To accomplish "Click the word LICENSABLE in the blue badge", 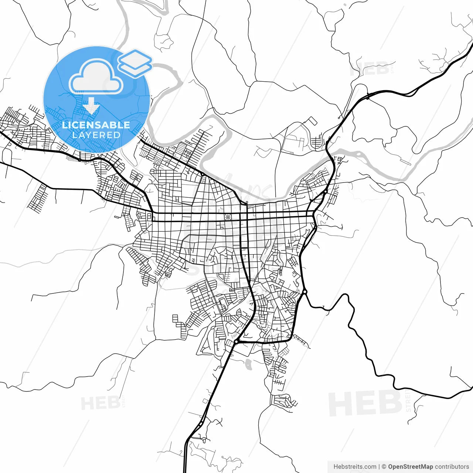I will pos(96,125).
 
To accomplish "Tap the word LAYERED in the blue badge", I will pos(96,135).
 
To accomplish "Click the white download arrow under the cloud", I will pos(91,106).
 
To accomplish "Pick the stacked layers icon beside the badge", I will pos(135,63).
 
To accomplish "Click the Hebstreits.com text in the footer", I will pos(355,467).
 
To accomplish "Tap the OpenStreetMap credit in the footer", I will pos(411,467).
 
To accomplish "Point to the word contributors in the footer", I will pos(452,467).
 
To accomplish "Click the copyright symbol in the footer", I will pos(384,467).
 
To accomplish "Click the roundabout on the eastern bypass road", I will pos(304,292).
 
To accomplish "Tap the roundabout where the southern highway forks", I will pos(236,342).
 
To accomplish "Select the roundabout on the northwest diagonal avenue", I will pos(203,174).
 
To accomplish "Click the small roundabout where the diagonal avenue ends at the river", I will pos(246,203).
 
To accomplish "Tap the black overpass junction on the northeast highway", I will pos(368,98).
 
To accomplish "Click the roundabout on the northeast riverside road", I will pos(325,192).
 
